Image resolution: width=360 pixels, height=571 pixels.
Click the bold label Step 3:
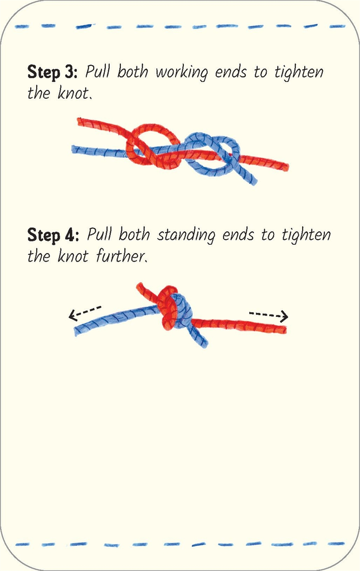[52, 72]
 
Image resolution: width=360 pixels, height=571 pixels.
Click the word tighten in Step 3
[299, 72]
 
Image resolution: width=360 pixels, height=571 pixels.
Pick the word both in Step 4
[134, 234]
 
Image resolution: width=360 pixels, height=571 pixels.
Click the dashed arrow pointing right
[269, 316]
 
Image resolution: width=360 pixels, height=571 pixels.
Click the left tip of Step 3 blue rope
[74, 149]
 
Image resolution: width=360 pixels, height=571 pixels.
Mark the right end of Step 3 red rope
[286, 167]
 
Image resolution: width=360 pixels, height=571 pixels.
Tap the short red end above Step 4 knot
[145, 291]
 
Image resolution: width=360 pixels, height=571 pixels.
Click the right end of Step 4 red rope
[284, 330]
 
